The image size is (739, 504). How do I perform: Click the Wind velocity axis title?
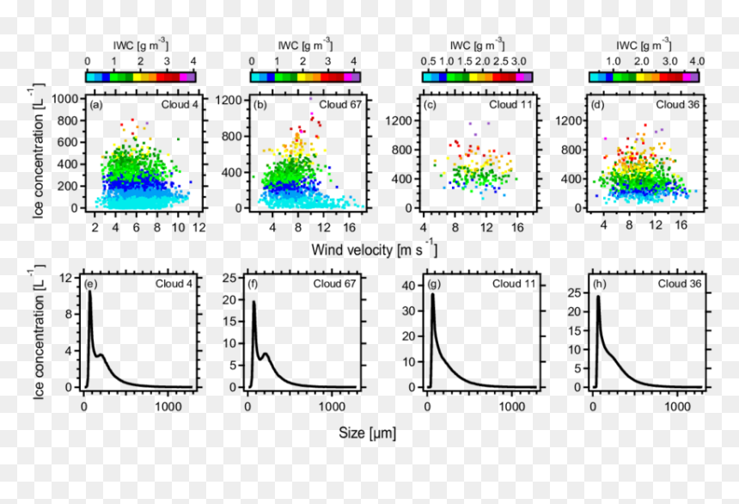tap(374, 249)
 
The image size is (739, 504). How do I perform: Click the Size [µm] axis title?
tap(367, 433)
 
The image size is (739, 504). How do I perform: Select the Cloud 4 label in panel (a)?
tap(180, 104)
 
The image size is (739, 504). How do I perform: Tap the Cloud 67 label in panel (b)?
tap(340, 104)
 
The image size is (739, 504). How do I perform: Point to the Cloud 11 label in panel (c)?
tap(510, 104)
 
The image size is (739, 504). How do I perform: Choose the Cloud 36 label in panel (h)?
tap(680, 284)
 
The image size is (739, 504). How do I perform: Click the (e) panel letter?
tap(90, 284)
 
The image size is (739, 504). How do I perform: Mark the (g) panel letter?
tap(434, 284)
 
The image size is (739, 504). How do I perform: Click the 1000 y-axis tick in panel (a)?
tap(64, 99)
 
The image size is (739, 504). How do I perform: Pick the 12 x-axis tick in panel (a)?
tap(198, 227)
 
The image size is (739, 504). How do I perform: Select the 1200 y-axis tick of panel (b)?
tap(229, 100)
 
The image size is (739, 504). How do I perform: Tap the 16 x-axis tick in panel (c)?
tap(517, 227)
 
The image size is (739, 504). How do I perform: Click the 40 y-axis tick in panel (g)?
tap(410, 286)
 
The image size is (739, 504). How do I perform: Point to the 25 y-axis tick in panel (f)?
tap(229, 278)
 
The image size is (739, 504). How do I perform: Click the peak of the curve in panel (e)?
tap(89, 292)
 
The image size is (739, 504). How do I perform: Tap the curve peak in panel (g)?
tap(432, 294)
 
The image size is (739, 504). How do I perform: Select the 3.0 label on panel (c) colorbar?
tap(518, 61)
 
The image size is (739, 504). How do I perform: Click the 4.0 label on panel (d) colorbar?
tap(697, 61)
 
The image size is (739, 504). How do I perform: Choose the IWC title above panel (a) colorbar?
tap(140, 45)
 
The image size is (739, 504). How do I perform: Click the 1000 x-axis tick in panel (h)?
tap(678, 406)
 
